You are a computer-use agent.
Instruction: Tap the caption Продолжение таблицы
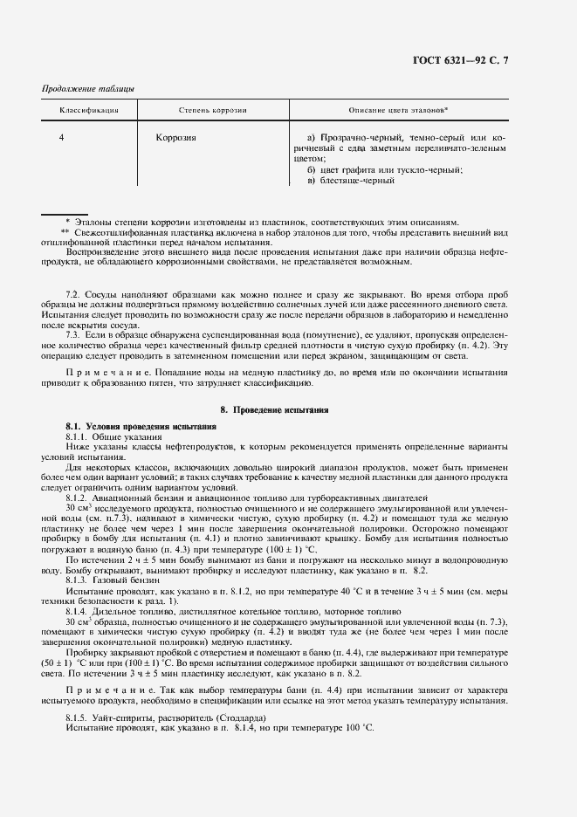click(x=88, y=90)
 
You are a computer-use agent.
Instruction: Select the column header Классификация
click(x=89, y=111)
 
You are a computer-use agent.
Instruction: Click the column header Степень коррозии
click(x=213, y=111)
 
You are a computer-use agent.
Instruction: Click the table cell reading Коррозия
click(x=175, y=138)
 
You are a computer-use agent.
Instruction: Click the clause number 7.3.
click(x=73, y=333)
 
